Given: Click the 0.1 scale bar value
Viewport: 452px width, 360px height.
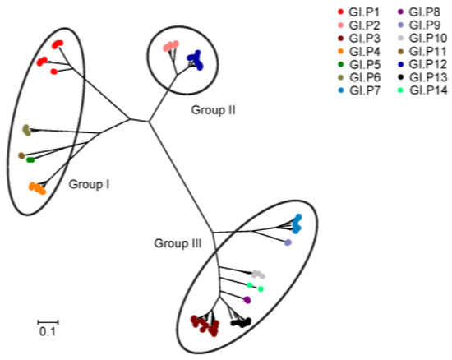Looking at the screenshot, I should point(48,332).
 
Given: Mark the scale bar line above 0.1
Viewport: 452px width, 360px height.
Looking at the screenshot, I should point(48,321).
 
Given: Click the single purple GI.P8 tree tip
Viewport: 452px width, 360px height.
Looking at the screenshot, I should point(247,300).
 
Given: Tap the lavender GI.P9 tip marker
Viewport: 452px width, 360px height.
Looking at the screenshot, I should point(288,243).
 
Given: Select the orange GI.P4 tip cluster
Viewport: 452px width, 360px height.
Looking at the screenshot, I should point(36,187).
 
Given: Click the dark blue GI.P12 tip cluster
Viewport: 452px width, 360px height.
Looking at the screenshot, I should point(195,58).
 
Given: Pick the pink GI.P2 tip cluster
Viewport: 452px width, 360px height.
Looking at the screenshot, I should point(171,46).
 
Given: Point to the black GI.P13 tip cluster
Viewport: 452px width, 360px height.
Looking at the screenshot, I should point(241,323).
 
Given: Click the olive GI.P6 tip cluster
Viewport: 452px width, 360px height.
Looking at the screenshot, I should point(26,129).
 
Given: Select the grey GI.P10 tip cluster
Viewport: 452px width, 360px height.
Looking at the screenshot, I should point(258,275).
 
